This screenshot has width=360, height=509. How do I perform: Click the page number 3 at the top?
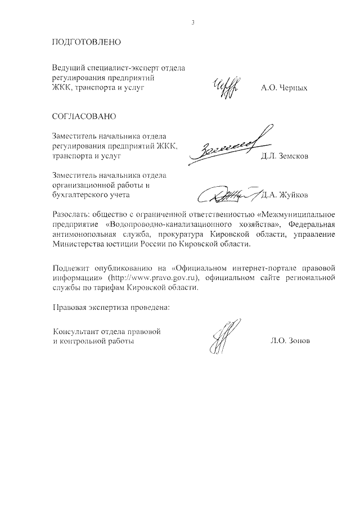193,23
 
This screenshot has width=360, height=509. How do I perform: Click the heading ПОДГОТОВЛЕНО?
86,43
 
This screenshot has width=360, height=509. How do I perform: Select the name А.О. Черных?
285,89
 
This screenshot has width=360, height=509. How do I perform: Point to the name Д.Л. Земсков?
285,156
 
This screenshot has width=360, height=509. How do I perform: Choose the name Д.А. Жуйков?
286,195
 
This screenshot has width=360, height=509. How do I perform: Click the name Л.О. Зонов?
290,341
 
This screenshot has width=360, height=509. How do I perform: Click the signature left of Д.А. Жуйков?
228,194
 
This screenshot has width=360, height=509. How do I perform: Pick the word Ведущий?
68,68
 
